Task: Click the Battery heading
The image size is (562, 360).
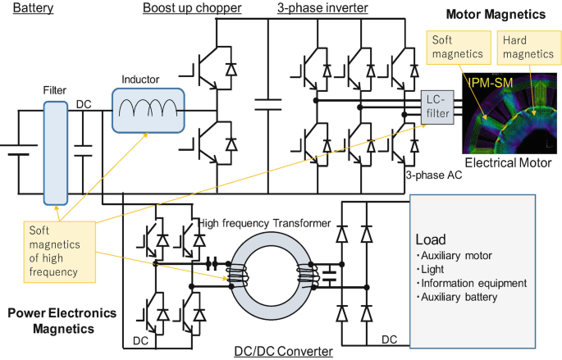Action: tap(33, 8)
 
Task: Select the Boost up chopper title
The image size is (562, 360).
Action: tap(191, 8)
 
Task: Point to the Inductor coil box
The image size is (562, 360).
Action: tap(149, 107)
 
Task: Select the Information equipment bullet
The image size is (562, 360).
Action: tap(472, 283)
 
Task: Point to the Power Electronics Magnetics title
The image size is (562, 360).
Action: tap(62, 320)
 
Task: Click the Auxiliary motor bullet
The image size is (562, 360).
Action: tap(456, 255)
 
